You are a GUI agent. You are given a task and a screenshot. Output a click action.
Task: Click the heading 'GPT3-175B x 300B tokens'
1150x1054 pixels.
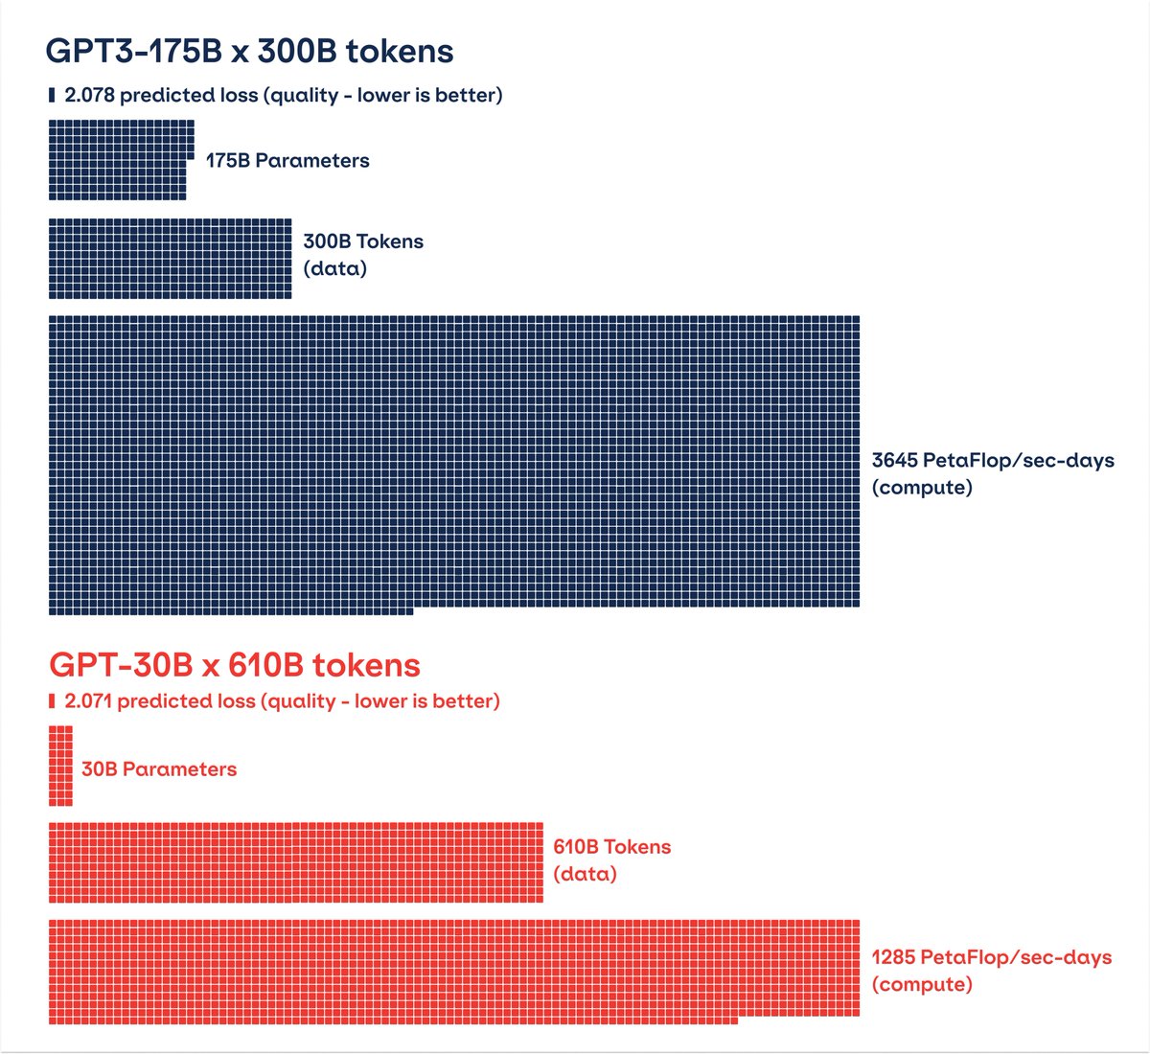[250, 51]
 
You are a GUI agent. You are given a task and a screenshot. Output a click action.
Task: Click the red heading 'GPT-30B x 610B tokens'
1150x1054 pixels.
[235, 665]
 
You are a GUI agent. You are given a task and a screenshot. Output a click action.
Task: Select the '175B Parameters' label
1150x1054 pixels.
[287, 161]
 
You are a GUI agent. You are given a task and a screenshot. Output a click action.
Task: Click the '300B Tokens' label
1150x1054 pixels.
[363, 241]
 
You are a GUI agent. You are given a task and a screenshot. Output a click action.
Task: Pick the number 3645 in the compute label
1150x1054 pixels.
[894, 461]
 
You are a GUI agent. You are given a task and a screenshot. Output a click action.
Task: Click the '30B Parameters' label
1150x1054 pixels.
[159, 769]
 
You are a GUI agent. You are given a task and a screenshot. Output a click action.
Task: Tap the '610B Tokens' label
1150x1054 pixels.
[611, 847]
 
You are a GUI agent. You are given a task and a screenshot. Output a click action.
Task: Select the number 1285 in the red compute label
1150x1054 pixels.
[893, 957]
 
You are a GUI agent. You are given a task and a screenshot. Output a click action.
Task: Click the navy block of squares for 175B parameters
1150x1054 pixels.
[120, 160]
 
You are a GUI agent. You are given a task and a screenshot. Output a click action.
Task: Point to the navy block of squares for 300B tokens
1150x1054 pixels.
[170, 259]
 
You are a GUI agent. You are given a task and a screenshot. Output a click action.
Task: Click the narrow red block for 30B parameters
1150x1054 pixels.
[60, 766]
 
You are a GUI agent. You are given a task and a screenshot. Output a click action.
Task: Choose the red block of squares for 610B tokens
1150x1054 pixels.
[295, 862]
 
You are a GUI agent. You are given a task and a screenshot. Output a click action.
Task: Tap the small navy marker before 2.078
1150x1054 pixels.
[52, 95]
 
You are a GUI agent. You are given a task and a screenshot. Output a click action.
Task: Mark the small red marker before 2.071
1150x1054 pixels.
[52, 701]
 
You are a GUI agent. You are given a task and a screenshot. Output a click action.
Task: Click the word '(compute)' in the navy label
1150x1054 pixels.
[922, 488]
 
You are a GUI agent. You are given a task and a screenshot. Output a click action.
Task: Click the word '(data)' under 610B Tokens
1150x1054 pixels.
[585, 874]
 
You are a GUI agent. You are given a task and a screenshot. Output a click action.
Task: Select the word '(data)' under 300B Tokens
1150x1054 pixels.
[335, 268]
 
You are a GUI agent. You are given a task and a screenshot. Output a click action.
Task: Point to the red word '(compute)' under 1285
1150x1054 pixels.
[922, 985]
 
